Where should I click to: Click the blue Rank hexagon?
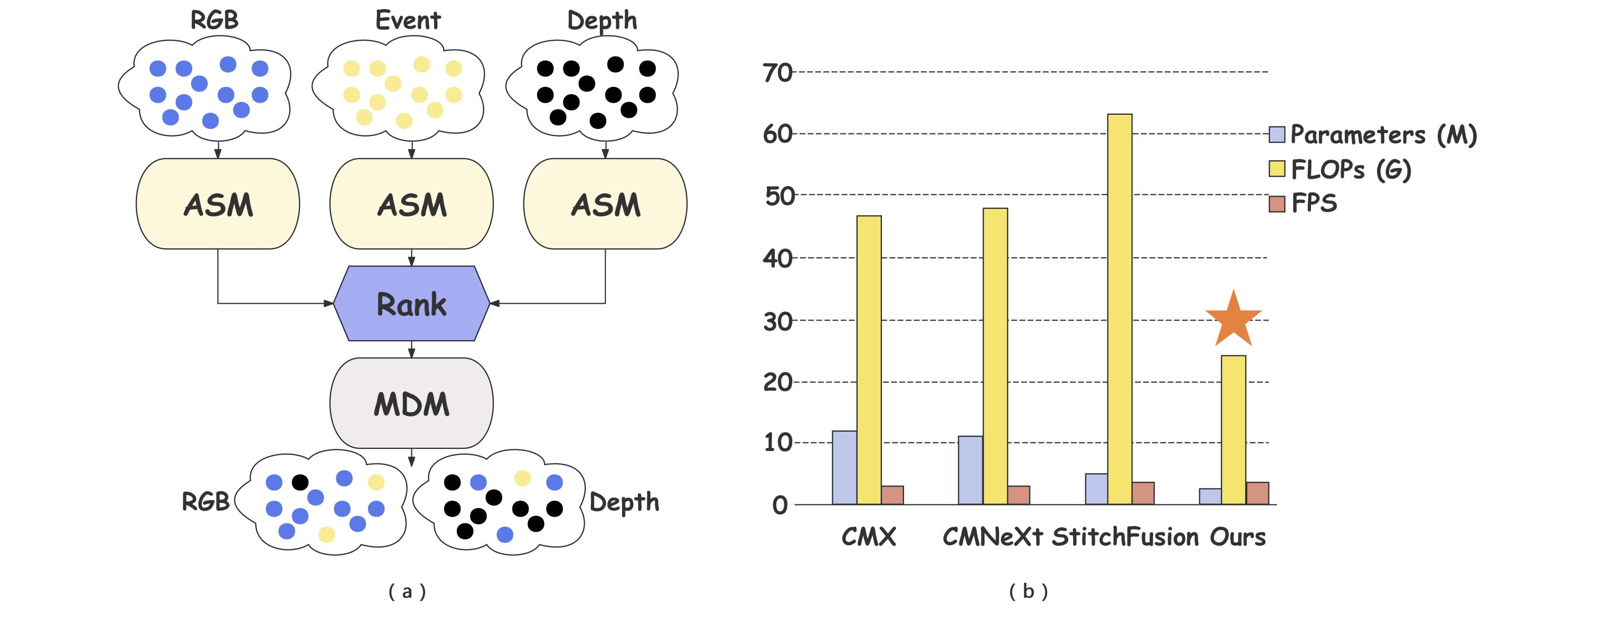click(x=411, y=304)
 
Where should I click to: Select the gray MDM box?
click(x=411, y=403)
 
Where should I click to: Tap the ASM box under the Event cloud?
click(x=411, y=204)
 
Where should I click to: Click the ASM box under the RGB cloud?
click(x=217, y=204)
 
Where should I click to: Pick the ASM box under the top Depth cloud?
click(x=605, y=204)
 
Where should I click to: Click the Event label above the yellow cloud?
click(x=408, y=21)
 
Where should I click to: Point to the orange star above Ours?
click(x=1233, y=319)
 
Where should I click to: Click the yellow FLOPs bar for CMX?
click(x=869, y=360)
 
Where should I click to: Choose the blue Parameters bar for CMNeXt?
click(x=971, y=470)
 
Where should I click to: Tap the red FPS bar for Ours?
click(x=1257, y=493)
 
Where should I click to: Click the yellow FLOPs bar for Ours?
click(x=1234, y=430)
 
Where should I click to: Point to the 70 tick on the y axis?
click(x=778, y=73)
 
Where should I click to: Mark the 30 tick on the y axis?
click(x=778, y=322)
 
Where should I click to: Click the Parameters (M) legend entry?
click(x=1373, y=134)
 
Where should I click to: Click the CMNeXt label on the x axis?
click(x=993, y=537)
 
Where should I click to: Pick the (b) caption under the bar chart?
click(x=1029, y=591)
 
